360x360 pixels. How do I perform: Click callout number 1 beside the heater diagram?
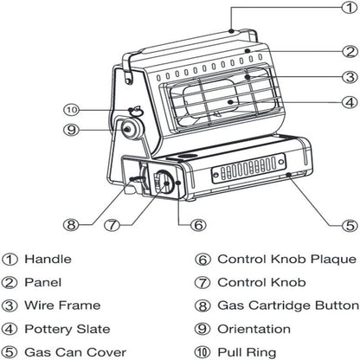coord(350,7)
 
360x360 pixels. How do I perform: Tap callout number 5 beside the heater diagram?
coord(350,225)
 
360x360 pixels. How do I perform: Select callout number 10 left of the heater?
coord(71,110)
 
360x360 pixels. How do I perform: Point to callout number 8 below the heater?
coord(71,224)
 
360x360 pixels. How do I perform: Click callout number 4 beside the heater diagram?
coord(350,102)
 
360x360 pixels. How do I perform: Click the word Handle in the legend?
coord(48,259)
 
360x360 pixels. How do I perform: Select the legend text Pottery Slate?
coord(67,329)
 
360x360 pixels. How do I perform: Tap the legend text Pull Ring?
coord(247,352)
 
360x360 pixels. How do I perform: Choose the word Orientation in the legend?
coord(254,329)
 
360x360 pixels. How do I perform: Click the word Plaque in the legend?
coord(333,260)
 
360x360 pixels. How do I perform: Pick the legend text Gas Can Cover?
coord(75,352)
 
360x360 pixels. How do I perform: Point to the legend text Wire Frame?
coord(62,305)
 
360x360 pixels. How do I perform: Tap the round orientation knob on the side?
coord(131,129)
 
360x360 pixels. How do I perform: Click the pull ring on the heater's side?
coord(137,110)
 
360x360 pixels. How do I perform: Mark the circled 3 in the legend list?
coord(10,305)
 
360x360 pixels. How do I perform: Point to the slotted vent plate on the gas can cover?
coord(248,169)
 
